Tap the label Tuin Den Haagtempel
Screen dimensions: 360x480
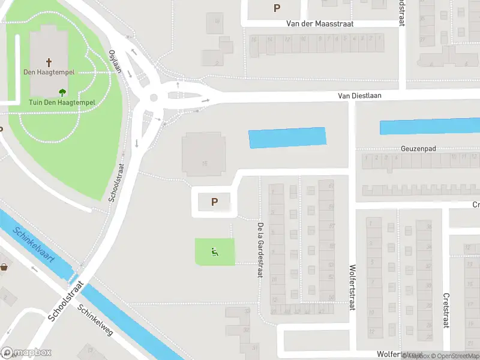(x=62, y=102)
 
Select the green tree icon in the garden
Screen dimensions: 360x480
(x=62, y=92)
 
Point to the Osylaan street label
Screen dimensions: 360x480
(x=115, y=61)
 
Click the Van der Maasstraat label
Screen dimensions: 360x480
(x=320, y=24)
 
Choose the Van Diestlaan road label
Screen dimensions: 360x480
(x=359, y=95)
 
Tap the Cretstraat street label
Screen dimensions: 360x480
(x=446, y=310)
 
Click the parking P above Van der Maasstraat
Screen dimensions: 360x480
(x=277, y=8)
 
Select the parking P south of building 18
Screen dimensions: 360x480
(x=214, y=202)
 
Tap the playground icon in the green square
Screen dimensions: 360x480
(x=214, y=252)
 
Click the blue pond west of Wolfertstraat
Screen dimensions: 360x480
(x=287, y=137)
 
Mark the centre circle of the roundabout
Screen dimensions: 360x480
(x=154, y=98)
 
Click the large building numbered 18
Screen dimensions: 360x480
(x=205, y=154)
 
